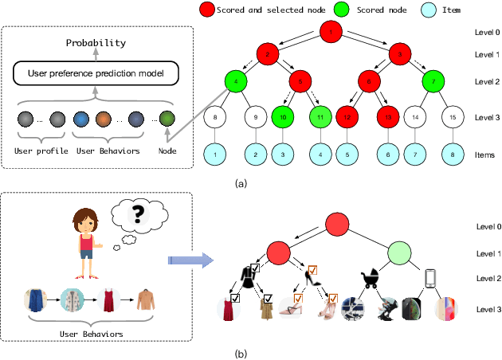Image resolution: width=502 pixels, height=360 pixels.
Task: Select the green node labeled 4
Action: tap(237, 80)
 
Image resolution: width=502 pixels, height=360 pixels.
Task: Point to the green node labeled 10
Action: tap(283, 117)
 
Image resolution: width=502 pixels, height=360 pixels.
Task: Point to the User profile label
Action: tap(46, 150)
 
